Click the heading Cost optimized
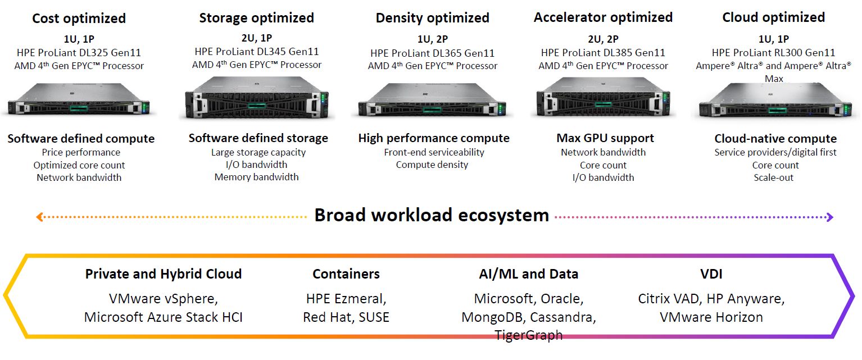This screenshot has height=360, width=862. pos(79,19)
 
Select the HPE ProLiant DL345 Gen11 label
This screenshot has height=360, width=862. pos(256,52)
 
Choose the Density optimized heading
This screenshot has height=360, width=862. pos(432,18)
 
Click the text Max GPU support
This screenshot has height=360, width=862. pos(605,138)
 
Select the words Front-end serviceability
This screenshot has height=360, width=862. pos(434,152)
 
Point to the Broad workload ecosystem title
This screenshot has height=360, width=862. pos(431,215)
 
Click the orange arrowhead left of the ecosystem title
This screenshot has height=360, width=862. pos(39,217)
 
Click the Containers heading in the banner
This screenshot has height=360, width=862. pos(346,274)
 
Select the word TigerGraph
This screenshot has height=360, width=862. pos(528,335)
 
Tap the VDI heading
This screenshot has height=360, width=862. pos(711,274)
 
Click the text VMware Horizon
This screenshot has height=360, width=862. pos(711,317)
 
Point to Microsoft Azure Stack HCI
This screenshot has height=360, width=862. pos(163,317)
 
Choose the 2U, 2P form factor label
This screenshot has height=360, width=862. pos(603,39)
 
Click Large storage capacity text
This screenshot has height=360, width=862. pos(258,152)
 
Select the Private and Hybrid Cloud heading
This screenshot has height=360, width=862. pos(163,274)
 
